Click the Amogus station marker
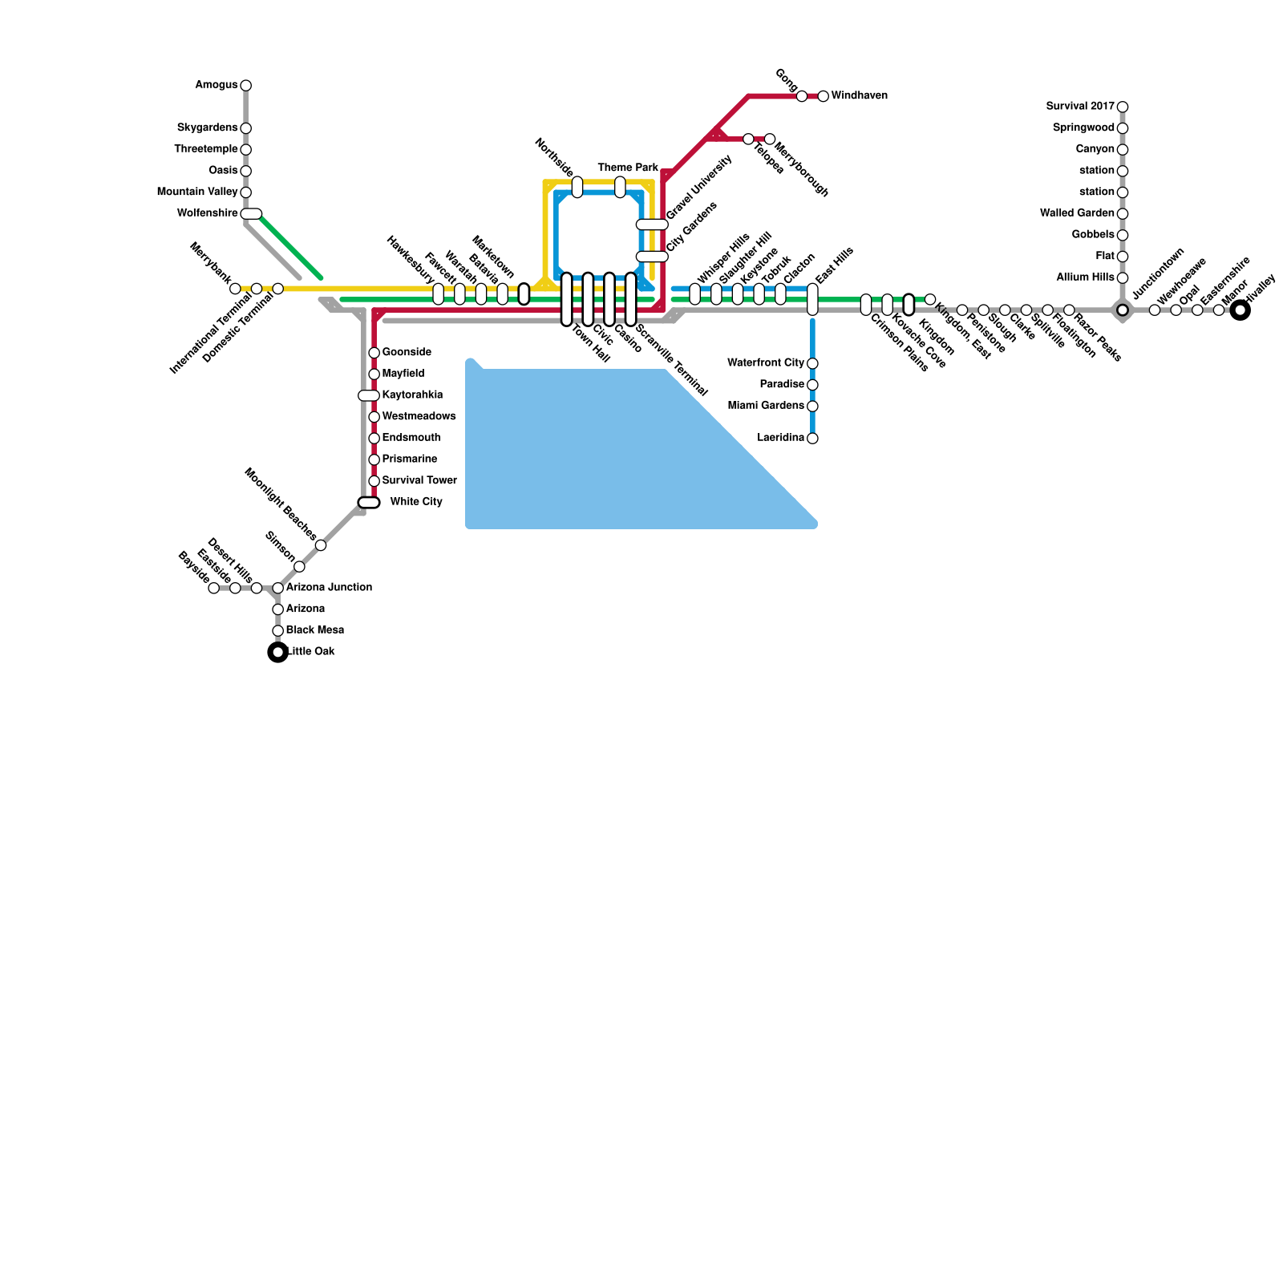point(245,86)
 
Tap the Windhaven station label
point(859,96)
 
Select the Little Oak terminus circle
point(277,653)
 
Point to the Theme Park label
point(627,168)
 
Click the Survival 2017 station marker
point(1123,107)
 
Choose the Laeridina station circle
point(812,439)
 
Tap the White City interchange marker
point(368,503)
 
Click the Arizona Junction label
point(329,588)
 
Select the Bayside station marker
point(213,589)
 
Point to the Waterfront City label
point(765,363)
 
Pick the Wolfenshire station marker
point(251,213)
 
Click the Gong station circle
point(802,96)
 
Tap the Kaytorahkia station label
point(412,395)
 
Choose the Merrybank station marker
point(235,289)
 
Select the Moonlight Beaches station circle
point(321,545)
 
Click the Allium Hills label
point(1085,277)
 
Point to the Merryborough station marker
point(770,140)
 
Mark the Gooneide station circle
point(374,353)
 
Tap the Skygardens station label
point(207,128)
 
